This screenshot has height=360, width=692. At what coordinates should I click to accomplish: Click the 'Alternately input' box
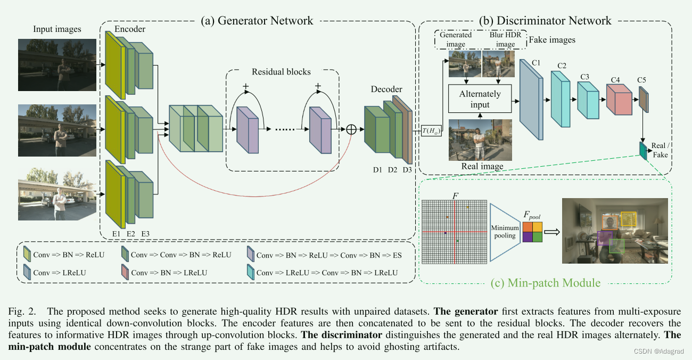click(480, 99)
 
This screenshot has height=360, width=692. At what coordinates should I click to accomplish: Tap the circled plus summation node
click(352, 129)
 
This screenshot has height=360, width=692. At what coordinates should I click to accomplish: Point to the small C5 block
click(643, 100)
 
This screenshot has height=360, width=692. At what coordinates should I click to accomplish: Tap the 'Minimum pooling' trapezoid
click(505, 232)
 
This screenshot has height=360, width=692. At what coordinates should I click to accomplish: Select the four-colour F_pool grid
click(532, 232)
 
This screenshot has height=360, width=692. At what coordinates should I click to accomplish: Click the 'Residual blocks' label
click(281, 72)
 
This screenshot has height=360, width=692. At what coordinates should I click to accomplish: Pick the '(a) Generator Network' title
click(257, 21)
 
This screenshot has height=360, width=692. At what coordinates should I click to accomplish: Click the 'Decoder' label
click(386, 89)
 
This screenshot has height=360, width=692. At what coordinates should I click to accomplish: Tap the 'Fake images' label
click(552, 40)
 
